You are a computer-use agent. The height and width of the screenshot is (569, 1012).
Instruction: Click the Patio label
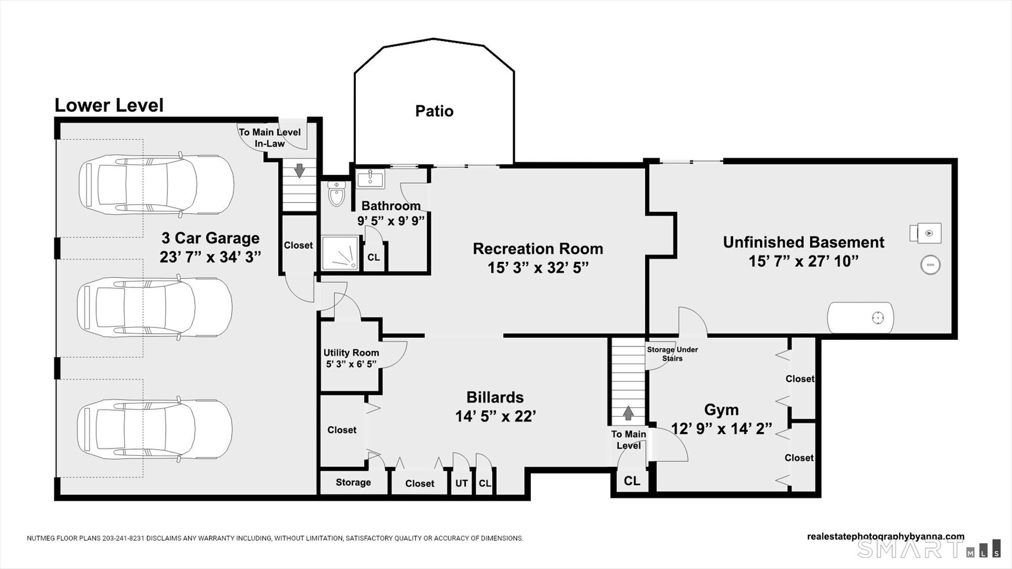pos(434,111)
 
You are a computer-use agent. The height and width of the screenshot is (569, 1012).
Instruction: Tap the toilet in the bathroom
pos(336,193)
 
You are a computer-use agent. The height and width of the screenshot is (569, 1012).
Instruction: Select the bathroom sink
pos(371,178)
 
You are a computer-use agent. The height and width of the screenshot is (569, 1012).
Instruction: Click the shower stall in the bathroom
pos(340,253)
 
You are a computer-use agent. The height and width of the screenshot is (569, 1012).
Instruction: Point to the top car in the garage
pos(156,184)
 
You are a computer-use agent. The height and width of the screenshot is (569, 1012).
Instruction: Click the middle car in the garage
pos(155,307)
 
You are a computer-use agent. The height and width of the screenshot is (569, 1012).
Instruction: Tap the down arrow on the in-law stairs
pos(299,170)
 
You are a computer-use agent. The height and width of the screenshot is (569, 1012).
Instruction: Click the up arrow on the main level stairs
pos(628,413)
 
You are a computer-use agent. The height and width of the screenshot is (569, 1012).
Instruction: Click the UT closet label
pos(462,483)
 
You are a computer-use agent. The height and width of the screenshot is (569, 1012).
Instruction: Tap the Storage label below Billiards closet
pos(353,483)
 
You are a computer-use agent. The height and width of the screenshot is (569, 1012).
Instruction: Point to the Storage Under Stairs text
pos(673,354)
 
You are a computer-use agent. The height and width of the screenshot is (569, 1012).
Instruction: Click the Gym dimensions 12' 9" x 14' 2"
pos(721,429)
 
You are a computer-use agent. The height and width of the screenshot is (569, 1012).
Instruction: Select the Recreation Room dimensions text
pos(538,268)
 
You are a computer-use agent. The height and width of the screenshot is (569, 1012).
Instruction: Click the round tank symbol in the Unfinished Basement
pos(930,265)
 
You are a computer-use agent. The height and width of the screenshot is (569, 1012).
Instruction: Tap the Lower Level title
pos(109,105)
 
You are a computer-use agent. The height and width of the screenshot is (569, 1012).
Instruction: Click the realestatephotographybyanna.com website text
pos(885,536)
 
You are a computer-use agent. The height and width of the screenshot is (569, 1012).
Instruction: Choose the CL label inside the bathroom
pos(374,258)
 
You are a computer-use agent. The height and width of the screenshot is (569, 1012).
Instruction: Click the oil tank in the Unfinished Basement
pos(860,318)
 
